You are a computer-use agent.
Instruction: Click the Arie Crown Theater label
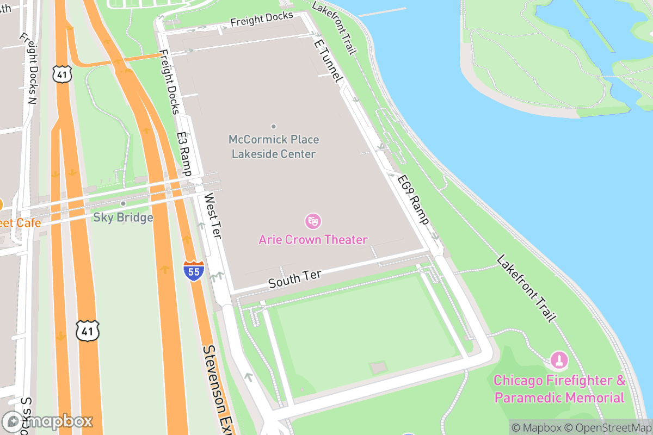pos(313,239)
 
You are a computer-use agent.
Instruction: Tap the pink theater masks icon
pos(313,221)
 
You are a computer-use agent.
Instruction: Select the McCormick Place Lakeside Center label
pos(273,147)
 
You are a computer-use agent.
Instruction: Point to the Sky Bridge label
pos(123,217)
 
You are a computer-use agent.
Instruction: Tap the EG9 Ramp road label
pos(413,200)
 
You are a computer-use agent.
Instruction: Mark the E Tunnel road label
pos(328,62)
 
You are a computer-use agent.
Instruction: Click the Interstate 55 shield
pos(194,270)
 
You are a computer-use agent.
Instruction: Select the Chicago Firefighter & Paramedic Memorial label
pos(559,389)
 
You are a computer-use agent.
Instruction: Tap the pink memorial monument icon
pos(558,359)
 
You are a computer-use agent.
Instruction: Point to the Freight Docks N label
pos(28,69)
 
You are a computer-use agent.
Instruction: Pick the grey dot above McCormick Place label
pos(273,126)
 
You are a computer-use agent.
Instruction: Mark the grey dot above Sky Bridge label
pos(123,203)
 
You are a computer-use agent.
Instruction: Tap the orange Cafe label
pos(21,223)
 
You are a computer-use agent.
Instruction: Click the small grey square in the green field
pos(378,368)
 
